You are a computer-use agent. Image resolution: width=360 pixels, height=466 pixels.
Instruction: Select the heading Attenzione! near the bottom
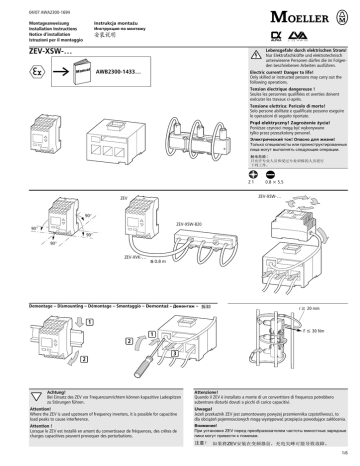coord(200,391)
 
